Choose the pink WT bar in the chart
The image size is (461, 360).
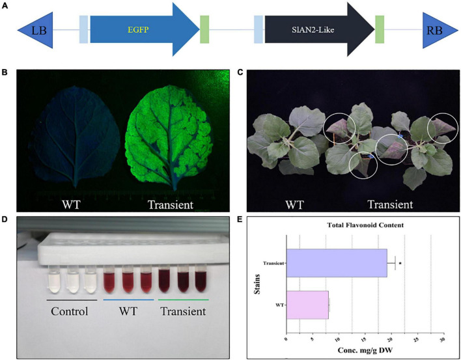tap(307, 305)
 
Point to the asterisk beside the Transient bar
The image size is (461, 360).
tap(399, 263)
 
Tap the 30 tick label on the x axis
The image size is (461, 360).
tap(442, 340)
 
